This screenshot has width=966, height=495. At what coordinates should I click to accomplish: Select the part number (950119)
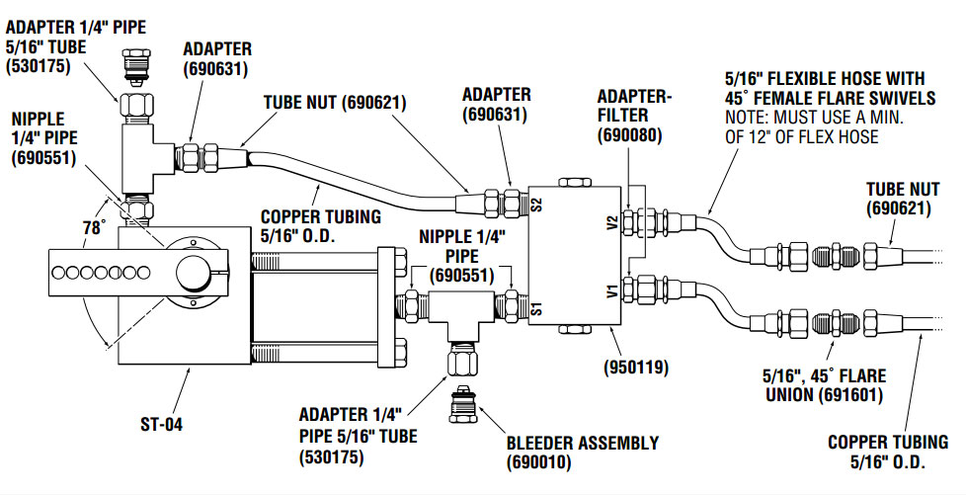pyautogui.click(x=639, y=368)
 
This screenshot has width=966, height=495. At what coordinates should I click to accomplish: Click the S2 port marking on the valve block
pyautogui.click(x=536, y=207)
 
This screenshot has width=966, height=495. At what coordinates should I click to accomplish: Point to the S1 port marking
pyautogui.click(x=536, y=303)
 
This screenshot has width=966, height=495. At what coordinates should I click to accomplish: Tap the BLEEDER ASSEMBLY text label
pyautogui.click(x=582, y=443)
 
